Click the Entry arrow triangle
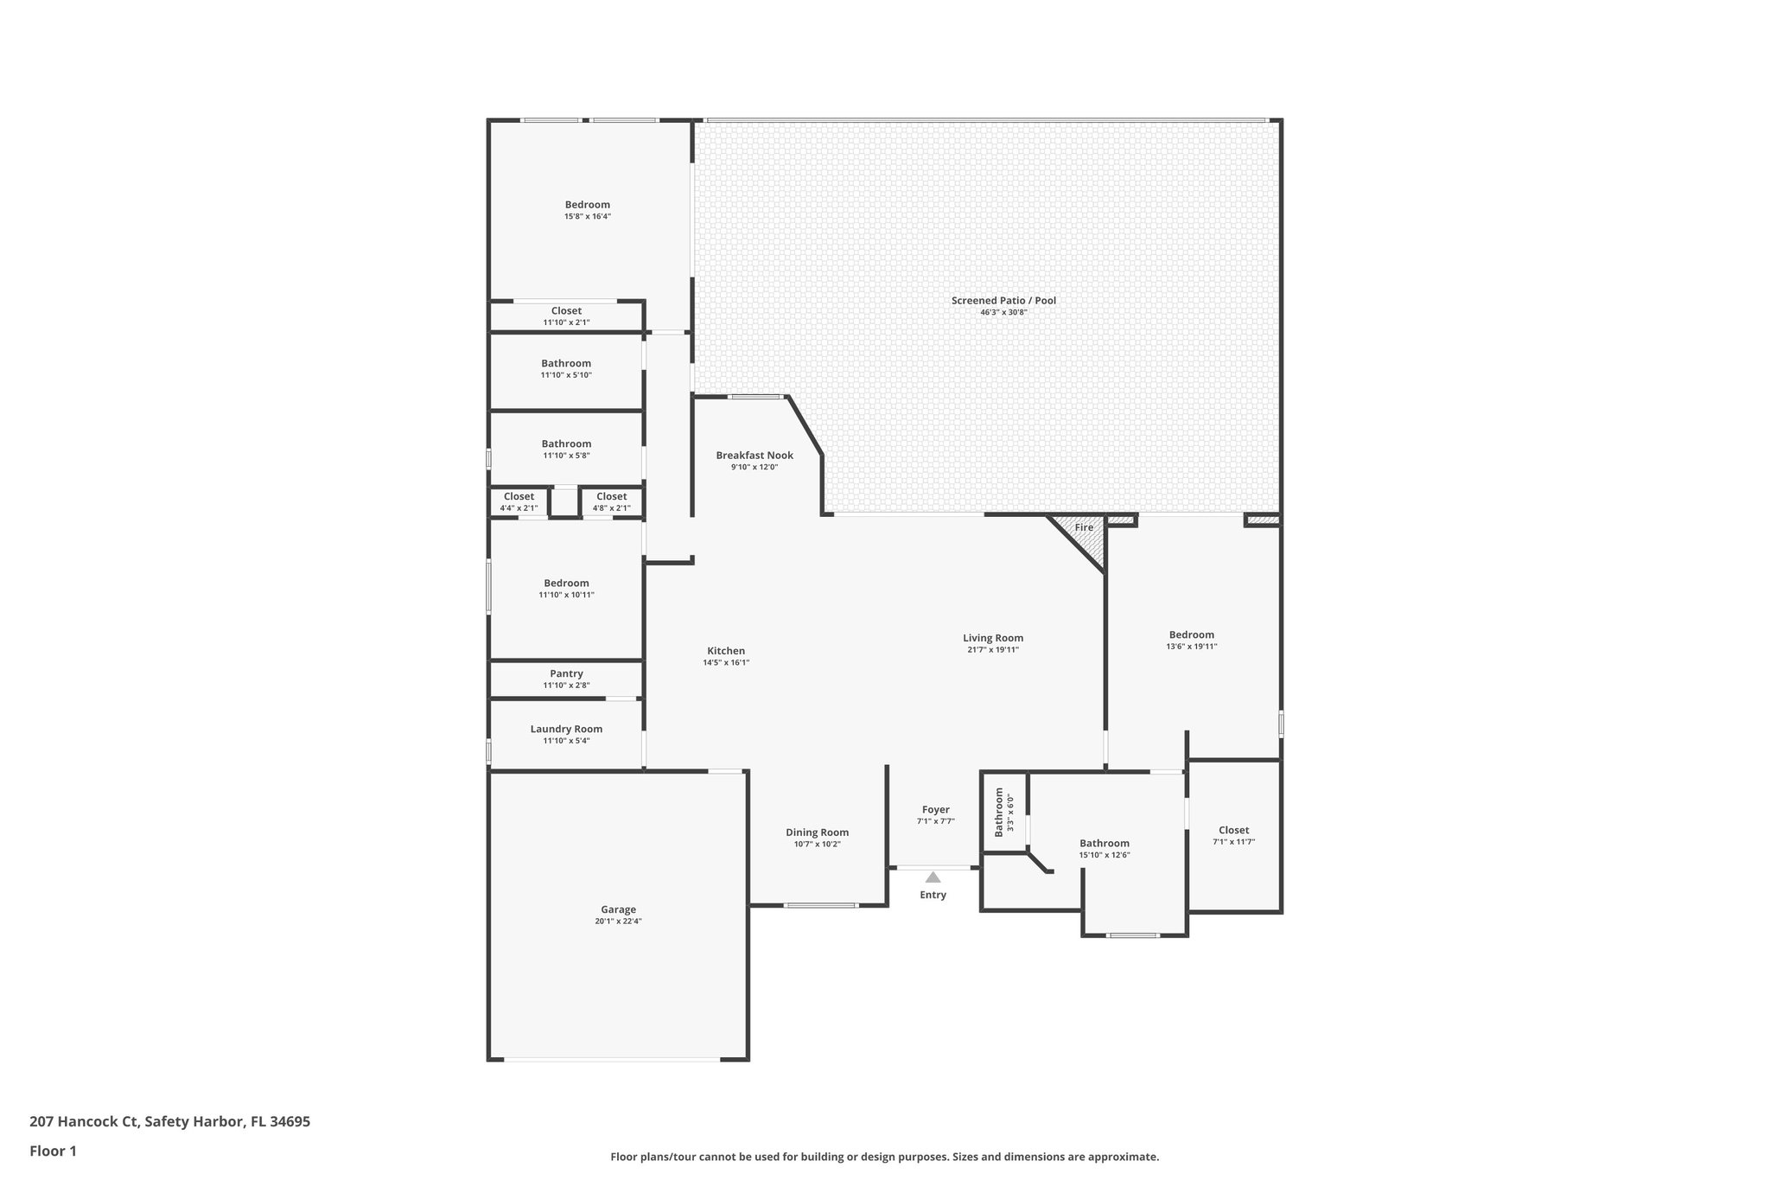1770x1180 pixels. pos(933,877)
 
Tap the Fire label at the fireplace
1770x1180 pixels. pos(1084,527)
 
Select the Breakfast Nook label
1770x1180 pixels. pos(754,456)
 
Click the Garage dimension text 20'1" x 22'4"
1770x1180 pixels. pos(618,922)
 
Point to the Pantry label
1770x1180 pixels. pos(566,673)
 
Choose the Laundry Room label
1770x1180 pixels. pos(566,729)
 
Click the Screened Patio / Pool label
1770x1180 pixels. pos(1003,301)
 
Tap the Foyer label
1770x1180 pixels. pos(935,810)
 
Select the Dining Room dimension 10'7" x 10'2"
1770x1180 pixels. pos(817,845)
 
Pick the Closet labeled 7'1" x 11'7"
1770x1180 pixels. pos(1233,830)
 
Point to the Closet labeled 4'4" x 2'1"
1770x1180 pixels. pos(519,496)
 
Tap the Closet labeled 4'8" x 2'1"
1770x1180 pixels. pos(611,496)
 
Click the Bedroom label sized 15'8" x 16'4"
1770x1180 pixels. pos(588,205)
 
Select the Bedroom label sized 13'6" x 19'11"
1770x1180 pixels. pos(1191,635)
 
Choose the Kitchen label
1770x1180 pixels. pos(726,651)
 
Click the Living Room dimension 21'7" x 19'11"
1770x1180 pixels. pos(993,650)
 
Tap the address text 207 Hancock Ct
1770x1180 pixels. pos(84,1121)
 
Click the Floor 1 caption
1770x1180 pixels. pos(53,1151)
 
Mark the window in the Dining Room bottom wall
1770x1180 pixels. pos(820,905)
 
